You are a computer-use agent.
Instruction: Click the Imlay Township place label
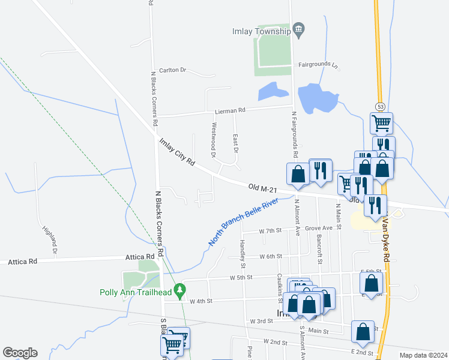262,31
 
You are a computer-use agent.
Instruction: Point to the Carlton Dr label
173,70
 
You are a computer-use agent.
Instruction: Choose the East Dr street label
235,143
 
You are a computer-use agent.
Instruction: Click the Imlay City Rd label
178,152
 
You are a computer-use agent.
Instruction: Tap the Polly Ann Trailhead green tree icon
179,292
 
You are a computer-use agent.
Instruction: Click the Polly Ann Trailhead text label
136,293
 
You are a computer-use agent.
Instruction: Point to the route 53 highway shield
381,106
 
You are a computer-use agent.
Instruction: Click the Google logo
20,353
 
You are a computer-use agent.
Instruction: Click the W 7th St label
270,231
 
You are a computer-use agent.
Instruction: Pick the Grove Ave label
318,229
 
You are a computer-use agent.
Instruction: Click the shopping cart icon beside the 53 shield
382,123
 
